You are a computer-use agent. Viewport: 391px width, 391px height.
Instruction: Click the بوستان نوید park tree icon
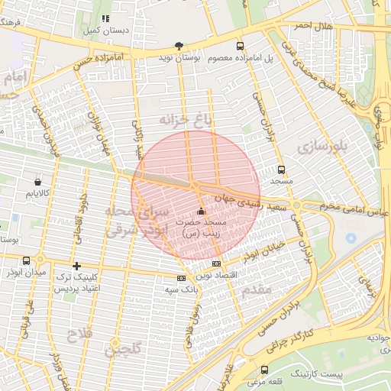179,45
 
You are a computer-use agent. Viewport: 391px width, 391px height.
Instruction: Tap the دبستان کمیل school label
127,31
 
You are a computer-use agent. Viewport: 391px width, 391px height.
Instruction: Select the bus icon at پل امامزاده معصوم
241,45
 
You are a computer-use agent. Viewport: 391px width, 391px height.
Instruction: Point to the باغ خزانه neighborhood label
183,119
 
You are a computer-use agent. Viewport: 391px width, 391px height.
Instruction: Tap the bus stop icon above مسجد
281,170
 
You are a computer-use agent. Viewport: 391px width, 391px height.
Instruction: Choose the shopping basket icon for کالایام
38,183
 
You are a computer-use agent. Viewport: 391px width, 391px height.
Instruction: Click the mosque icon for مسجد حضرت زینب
201,211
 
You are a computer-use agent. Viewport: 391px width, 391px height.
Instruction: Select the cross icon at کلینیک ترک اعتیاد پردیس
76,266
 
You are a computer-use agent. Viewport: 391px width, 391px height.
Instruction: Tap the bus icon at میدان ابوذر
27,260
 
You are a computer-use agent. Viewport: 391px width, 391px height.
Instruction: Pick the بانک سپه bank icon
181,278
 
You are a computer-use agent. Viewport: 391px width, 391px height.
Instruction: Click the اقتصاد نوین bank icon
216,263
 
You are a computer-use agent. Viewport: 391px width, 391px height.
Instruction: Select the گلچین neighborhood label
121,349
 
